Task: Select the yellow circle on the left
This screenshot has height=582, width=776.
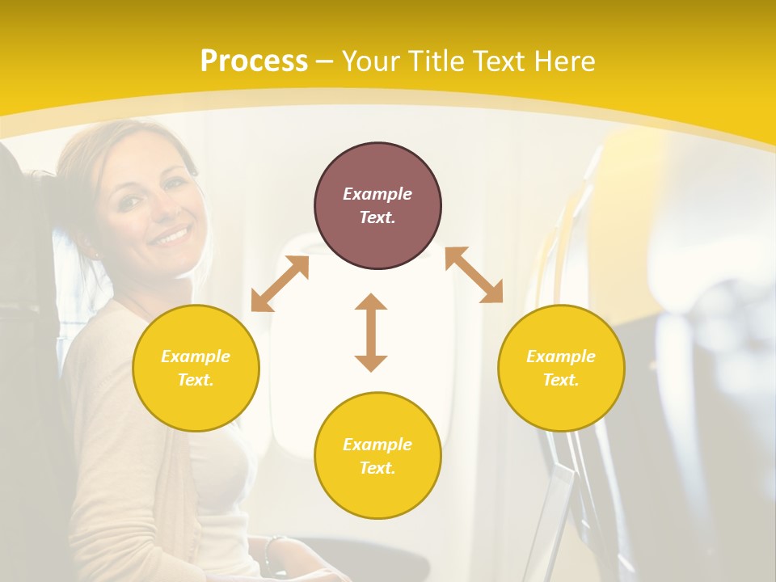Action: [196, 368]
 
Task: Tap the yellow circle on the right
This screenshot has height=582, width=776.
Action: [561, 368]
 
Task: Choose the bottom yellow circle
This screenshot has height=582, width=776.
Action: [377, 455]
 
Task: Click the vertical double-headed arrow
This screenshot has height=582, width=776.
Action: [371, 332]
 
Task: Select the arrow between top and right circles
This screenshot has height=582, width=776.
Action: [474, 275]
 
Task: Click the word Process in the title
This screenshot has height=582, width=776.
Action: [254, 61]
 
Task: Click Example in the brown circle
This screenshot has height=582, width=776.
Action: [377, 194]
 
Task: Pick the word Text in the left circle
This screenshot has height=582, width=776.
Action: [195, 380]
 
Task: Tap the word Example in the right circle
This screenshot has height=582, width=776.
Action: [561, 356]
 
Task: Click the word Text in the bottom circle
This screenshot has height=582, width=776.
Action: [377, 468]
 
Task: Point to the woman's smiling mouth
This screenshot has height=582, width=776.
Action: [171, 235]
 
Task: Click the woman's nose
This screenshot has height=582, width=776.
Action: [158, 212]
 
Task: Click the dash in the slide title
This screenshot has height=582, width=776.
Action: [324, 61]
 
